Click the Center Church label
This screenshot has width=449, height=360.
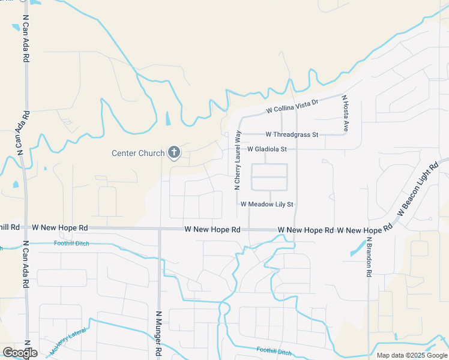[138, 154]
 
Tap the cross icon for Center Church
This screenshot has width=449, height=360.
[174, 153]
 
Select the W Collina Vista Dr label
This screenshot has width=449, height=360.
[292, 106]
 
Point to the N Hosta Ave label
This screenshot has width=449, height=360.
[345, 113]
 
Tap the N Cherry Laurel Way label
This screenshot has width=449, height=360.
[237, 160]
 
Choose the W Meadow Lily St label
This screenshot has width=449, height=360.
[267, 204]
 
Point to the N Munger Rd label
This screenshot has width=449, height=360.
[159, 334]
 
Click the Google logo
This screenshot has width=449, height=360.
[20, 353]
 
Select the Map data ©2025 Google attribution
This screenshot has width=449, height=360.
[412, 355]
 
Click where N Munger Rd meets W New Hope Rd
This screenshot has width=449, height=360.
[160, 229]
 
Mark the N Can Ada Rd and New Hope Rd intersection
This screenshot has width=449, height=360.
[25, 228]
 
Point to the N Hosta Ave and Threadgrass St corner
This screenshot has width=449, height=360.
[346, 134]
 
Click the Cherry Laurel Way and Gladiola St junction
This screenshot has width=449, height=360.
[238, 149]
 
